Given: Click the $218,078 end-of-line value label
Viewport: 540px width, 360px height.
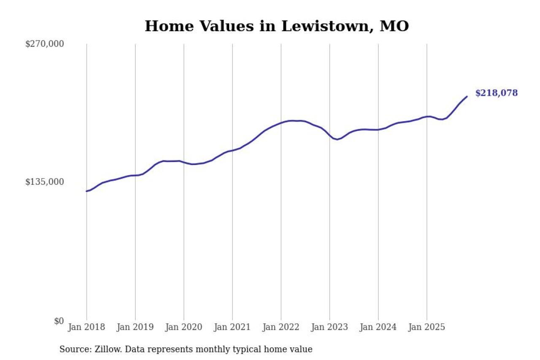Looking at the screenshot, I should tap(496, 93).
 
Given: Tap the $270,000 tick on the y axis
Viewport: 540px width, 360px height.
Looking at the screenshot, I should tap(45, 44).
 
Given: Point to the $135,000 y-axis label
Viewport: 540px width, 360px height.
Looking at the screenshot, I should tap(45, 182).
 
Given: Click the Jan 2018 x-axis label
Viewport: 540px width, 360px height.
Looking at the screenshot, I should tap(86, 327).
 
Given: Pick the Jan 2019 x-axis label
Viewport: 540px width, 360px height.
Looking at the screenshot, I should tap(135, 327).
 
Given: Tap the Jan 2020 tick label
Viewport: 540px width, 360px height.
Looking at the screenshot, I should tap(184, 327).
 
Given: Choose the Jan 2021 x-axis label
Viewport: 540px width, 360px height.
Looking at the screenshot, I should tap(232, 327).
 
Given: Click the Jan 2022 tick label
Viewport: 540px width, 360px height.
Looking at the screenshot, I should tap(281, 327).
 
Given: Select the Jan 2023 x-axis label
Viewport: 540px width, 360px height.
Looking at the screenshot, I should tap(329, 327).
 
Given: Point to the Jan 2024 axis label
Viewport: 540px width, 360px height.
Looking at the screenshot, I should tap(378, 327).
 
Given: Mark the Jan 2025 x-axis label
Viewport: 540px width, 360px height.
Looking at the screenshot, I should tap(427, 327).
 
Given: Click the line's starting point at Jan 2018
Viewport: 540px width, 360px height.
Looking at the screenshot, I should tap(86, 191).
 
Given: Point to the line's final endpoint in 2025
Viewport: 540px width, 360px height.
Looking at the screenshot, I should tap(467, 97).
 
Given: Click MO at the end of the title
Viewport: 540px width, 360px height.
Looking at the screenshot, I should tap(394, 26).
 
